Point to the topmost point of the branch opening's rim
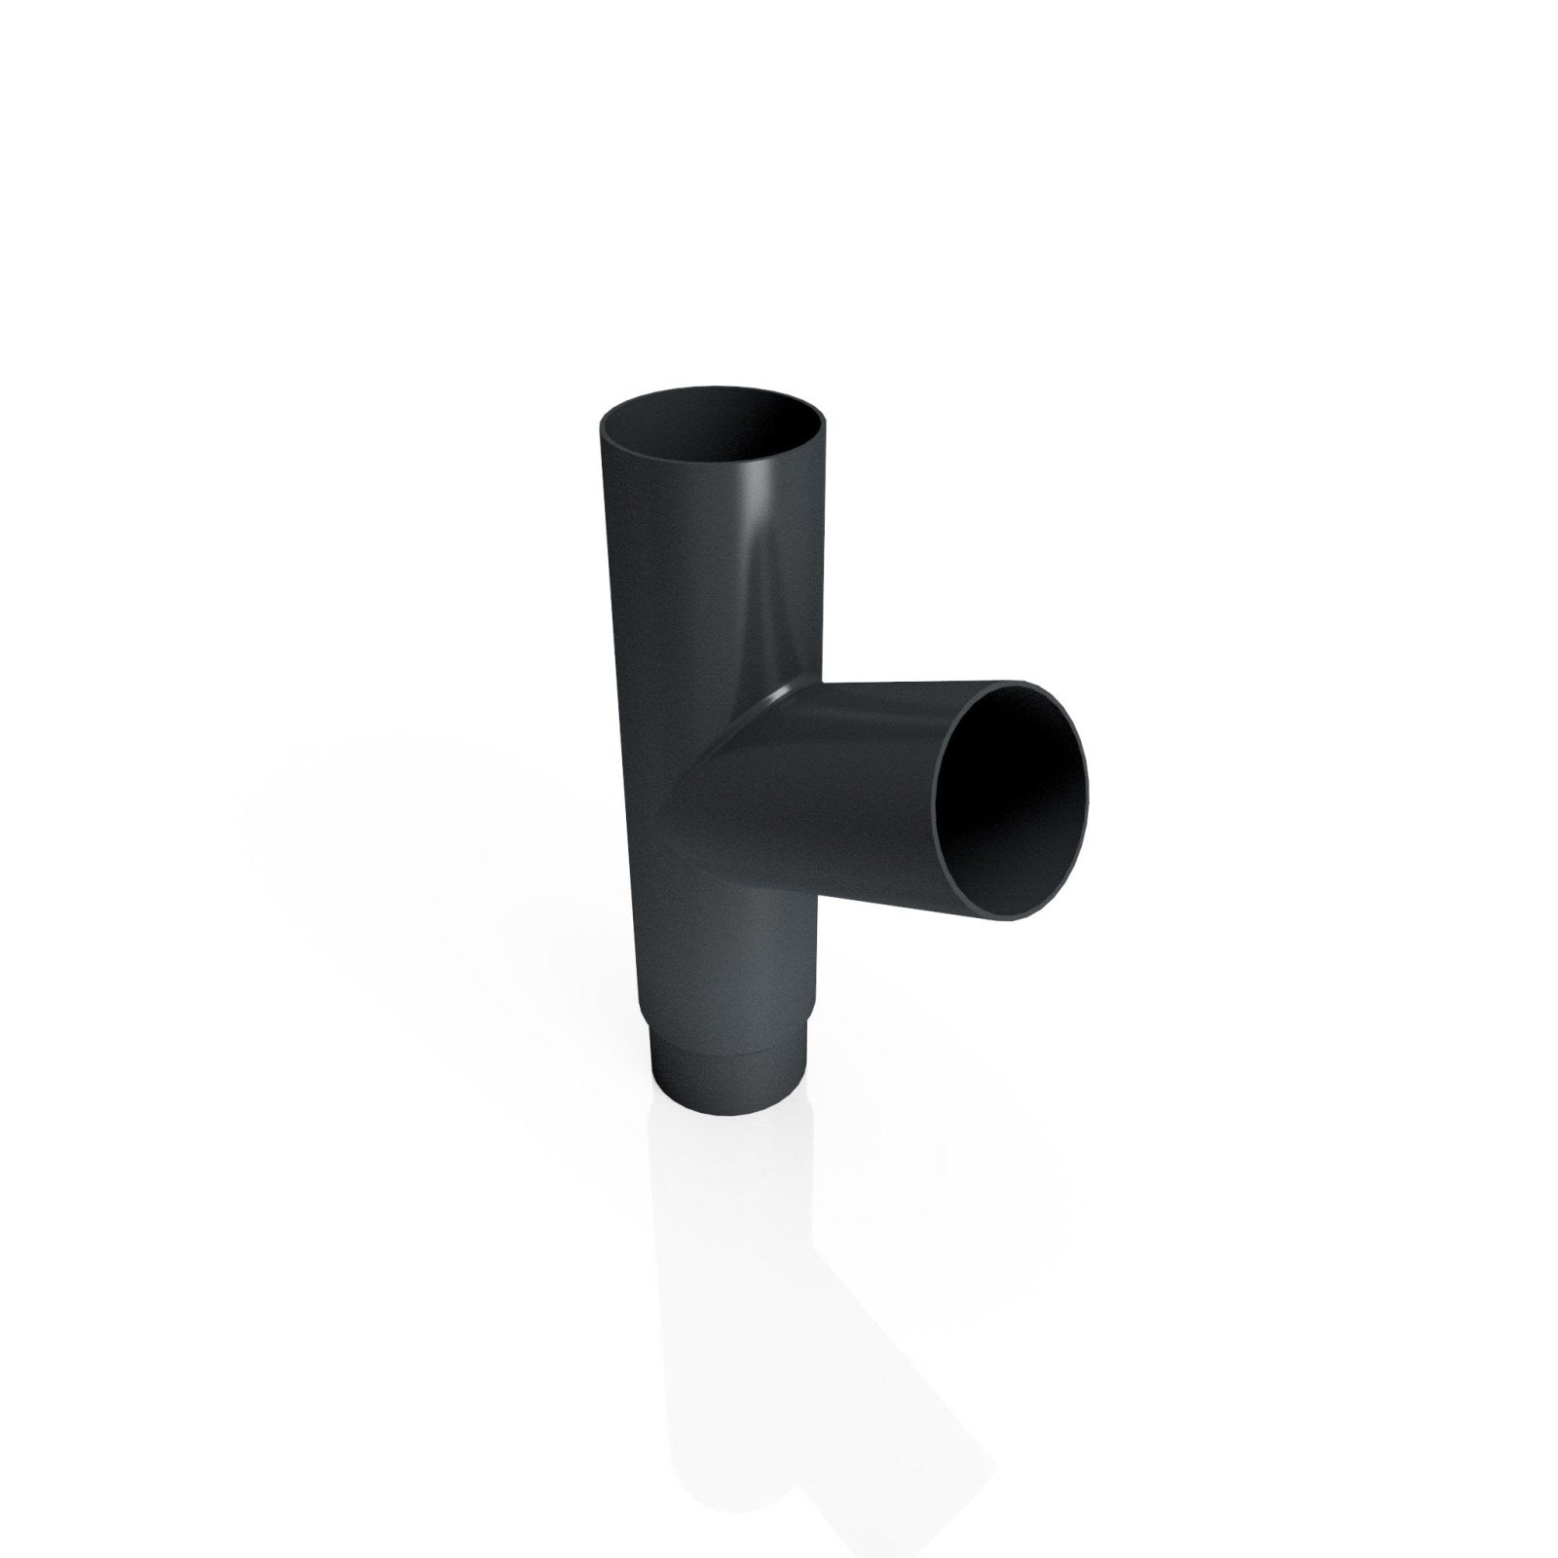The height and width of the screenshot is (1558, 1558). [1022, 680]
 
